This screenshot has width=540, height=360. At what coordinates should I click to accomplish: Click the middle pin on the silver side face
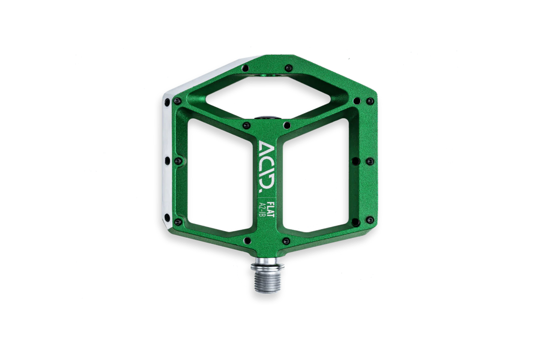tap(167, 160)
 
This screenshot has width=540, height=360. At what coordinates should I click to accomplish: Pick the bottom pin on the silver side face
tap(167, 218)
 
